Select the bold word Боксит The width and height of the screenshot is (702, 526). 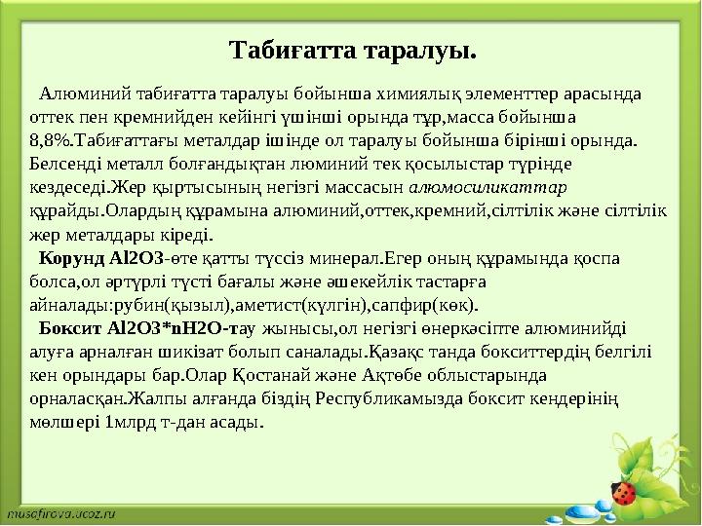point(68,328)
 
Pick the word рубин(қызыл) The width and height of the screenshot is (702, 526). point(171,305)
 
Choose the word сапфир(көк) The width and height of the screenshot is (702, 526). point(427,305)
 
